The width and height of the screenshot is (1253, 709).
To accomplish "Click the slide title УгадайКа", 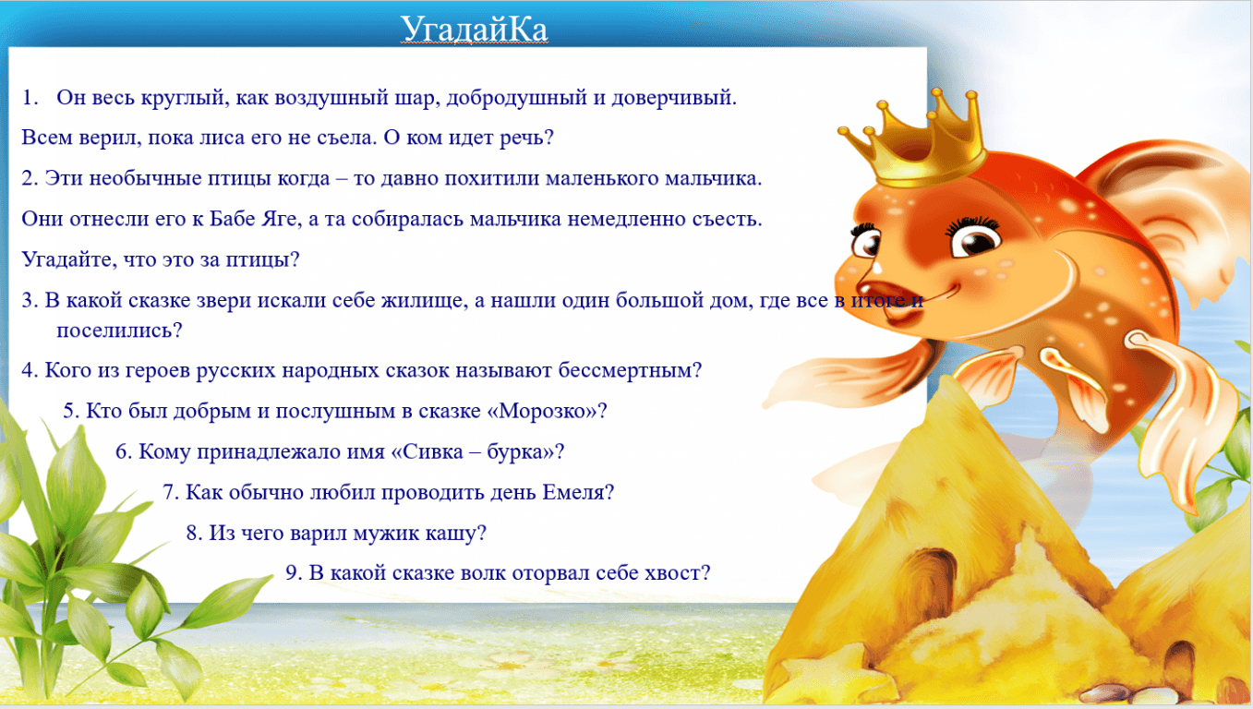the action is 474,29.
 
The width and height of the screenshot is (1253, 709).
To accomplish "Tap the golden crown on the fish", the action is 918,142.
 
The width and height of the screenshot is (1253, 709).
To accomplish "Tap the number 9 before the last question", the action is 293,573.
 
